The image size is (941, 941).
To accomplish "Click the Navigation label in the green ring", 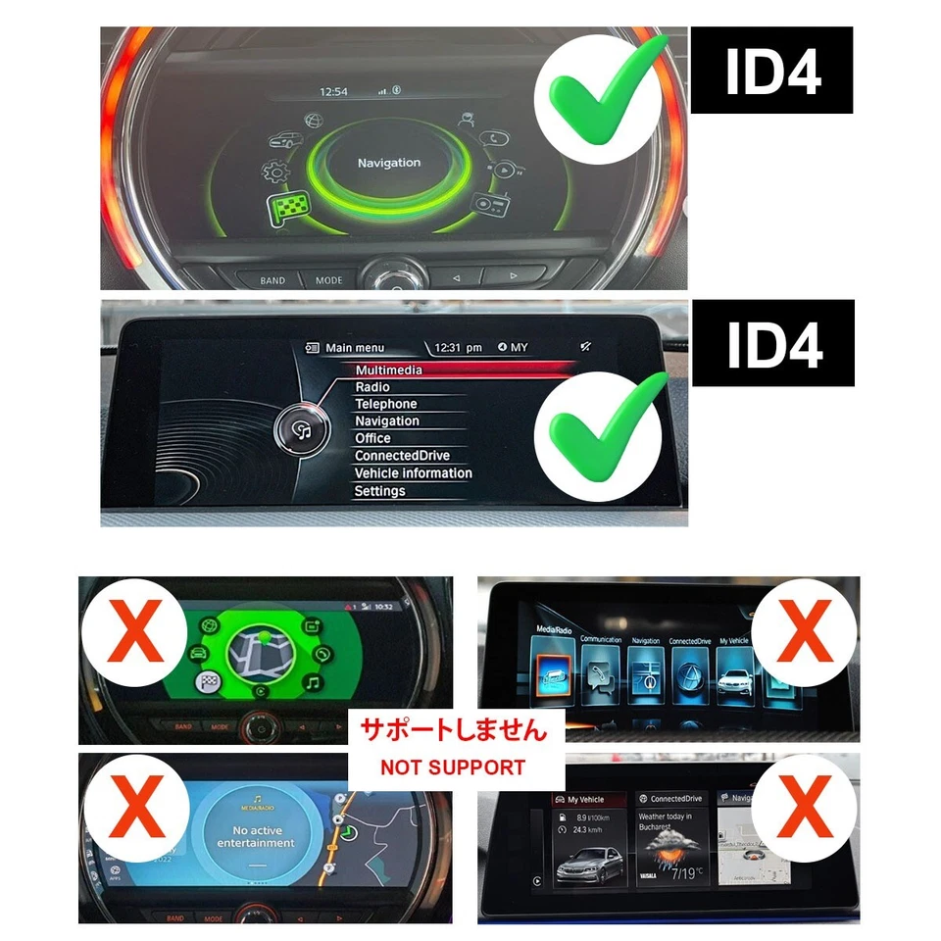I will click(388, 163).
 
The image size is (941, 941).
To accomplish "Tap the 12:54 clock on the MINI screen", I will click(334, 91).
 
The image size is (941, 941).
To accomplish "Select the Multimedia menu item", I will click(388, 371).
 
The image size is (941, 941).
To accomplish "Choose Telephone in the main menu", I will click(385, 404).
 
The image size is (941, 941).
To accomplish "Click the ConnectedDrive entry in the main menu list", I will click(402, 456).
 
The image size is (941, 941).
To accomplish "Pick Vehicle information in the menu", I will click(413, 473).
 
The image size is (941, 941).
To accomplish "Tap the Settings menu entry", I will click(379, 491).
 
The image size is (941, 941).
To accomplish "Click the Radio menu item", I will click(372, 387).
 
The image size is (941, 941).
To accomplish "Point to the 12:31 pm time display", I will click(459, 348).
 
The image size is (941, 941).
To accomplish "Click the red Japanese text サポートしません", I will click(454, 731).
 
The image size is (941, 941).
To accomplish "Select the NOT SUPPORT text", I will click(453, 768).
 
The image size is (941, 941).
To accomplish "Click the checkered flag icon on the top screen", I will click(286, 208).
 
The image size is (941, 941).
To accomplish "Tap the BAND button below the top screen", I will click(272, 280).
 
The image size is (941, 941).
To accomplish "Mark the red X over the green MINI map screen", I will click(134, 634).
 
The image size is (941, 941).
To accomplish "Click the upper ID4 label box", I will click(771, 71).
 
